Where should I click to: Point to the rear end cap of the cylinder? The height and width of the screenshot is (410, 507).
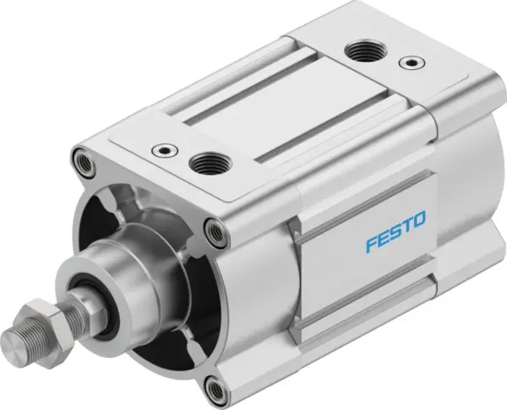pos(465,169)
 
